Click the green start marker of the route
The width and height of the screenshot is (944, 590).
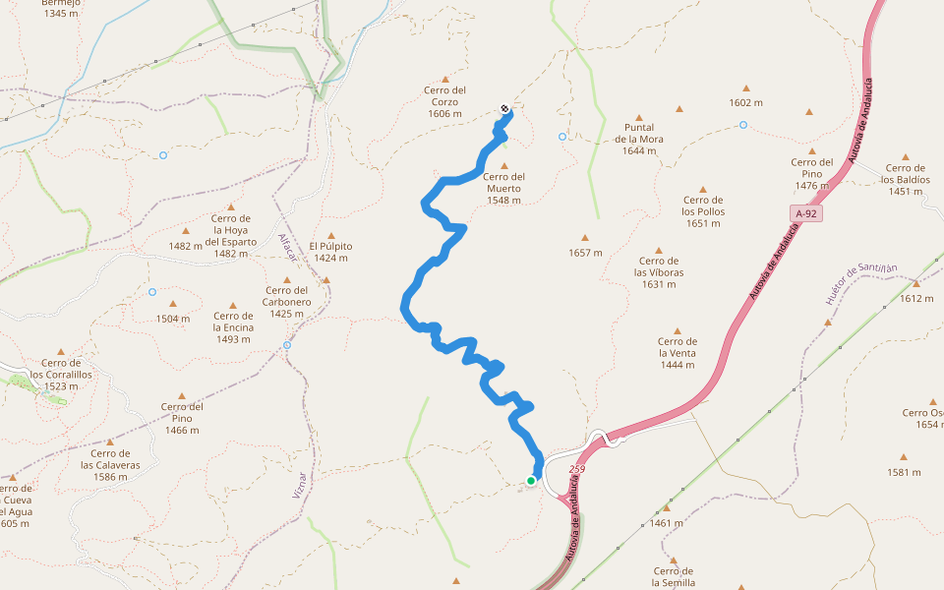click(x=531, y=480)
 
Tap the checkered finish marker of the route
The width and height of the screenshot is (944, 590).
click(x=504, y=108)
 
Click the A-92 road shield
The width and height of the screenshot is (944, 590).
click(x=806, y=213)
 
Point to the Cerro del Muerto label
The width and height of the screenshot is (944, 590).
click(x=504, y=188)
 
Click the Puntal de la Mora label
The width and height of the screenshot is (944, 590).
click(x=639, y=139)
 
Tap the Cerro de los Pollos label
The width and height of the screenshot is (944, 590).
click(x=703, y=211)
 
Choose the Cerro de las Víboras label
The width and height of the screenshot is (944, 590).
click(x=659, y=272)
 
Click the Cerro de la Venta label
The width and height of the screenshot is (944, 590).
click(x=677, y=353)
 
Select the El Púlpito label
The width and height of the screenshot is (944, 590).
click(x=330, y=252)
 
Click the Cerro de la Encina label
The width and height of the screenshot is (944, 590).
click(x=233, y=327)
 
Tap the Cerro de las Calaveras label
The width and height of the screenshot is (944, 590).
click(x=110, y=465)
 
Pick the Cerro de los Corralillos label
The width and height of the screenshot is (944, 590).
click(x=61, y=375)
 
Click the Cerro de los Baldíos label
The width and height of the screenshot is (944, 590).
click(x=906, y=180)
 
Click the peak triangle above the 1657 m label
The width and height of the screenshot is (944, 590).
click(x=584, y=238)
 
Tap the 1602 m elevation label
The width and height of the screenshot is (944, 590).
click(x=745, y=102)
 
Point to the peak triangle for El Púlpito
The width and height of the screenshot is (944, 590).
click(x=331, y=236)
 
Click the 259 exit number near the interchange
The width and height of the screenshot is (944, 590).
click(x=576, y=469)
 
